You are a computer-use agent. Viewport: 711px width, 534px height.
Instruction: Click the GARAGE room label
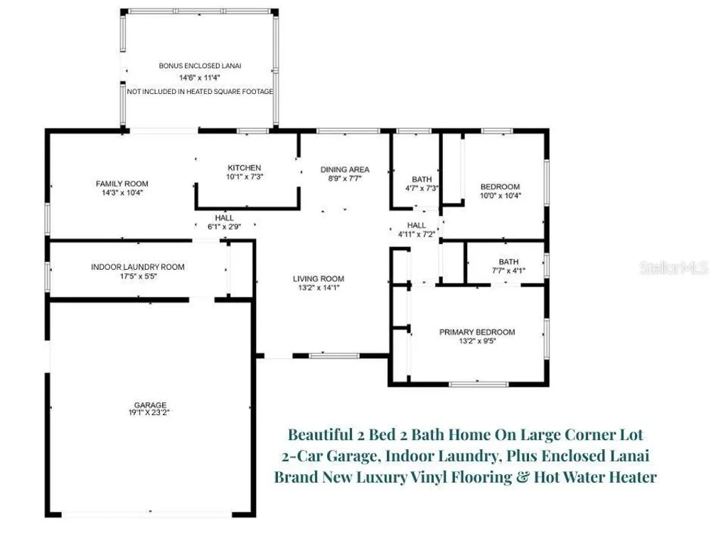click(x=150, y=404)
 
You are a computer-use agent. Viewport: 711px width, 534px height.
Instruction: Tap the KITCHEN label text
click(x=245, y=168)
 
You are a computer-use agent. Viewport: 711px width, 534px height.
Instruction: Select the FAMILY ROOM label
click(x=122, y=184)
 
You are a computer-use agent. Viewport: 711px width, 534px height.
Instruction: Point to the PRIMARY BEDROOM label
click(x=477, y=333)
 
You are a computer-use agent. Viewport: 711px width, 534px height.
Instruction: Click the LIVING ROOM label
click(x=319, y=279)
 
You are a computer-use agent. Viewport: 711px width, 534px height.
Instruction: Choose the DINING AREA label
click(x=345, y=170)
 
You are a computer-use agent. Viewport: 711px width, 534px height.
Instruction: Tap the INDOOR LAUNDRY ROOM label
click(x=138, y=267)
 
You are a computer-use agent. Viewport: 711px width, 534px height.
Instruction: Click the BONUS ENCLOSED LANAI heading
click(x=200, y=66)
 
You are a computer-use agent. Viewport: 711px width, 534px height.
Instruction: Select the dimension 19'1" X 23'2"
click(x=149, y=412)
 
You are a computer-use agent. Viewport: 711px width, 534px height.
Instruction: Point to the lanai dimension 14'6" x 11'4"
click(x=200, y=78)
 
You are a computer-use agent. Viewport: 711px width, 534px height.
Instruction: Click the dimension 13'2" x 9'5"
click(x=478, y=341)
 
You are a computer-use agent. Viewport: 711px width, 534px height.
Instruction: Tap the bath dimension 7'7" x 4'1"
click(x=508, y=271)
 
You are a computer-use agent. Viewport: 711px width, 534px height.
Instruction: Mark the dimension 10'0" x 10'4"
click(x=501, y=196)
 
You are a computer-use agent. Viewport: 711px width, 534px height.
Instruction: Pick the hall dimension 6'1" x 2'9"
click(x=225, y=226)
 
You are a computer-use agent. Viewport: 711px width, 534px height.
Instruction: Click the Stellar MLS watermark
click(x=674, y=268)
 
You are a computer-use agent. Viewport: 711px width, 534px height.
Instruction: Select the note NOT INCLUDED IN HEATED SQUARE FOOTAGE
click(x=200, y=92)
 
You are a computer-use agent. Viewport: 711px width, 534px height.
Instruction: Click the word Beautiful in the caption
click(x=321, y=434)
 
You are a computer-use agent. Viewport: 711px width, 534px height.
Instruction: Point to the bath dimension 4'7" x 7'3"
click(x=422, y=188)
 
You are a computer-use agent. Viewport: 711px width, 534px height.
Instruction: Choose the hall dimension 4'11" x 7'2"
click(x=417, y=234)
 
